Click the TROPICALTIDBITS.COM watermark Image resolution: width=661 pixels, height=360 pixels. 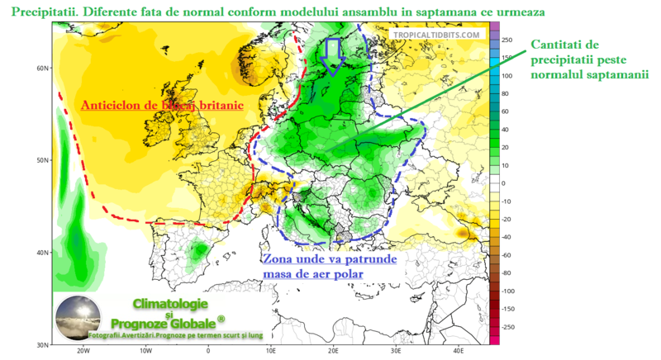pyautogui.click(x=436, y=35)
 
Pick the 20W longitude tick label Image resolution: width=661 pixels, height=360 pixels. pyautogui.click(x=82, y=351)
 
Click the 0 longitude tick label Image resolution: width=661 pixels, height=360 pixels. pyautogui.click(x=208, y=351)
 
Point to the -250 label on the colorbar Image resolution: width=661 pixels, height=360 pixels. pyautogui.click(x=510, y=327)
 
